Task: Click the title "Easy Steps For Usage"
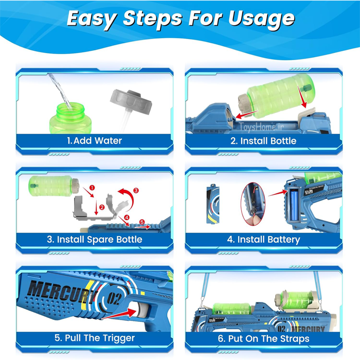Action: (181, 20)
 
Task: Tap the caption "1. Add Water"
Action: (94, 140)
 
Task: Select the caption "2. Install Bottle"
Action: (263, 141)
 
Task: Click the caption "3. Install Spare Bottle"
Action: (94, 240)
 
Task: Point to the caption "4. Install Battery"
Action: (263, 240)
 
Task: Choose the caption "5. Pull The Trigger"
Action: (95, 338)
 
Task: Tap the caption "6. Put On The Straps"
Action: (263, 338)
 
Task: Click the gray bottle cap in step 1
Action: (131, 101)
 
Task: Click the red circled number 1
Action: (92, 188)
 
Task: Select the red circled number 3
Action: (136, 190)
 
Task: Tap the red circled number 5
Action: (142, 222)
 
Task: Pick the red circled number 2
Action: (102, 207)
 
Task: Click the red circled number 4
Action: (127, 217)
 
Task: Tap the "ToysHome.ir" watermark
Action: (261, 127)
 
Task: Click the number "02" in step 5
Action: (114, 298)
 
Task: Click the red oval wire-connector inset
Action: (253, 204)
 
